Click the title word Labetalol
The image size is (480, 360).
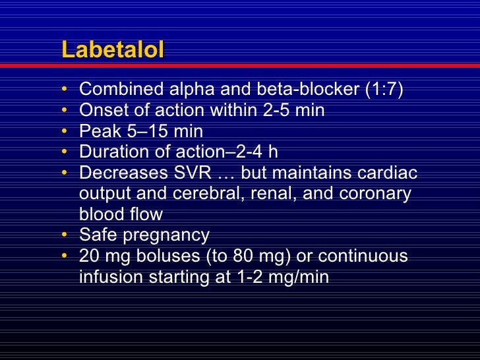point(112,51)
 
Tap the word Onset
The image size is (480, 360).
point(99,110)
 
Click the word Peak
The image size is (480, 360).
point(96,131)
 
